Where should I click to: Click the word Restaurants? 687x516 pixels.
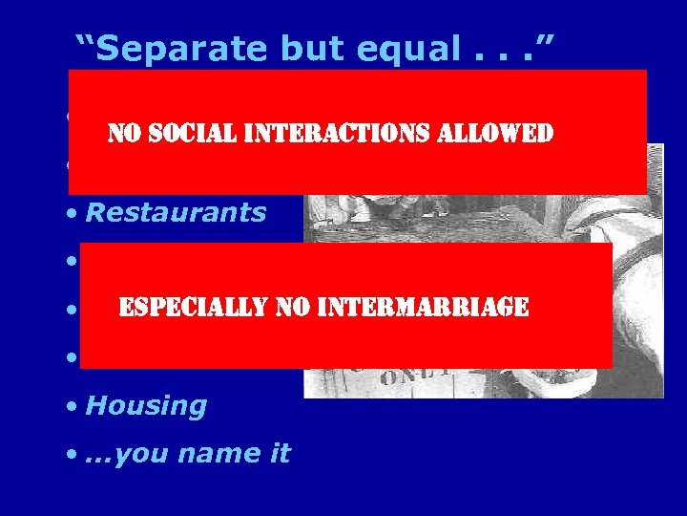pyautogui.click(x=176, y=212)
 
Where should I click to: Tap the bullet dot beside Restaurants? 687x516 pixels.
pyautogui.click(x=73, y=214)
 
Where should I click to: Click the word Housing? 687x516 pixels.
pyautogui.click(x=146, y=406)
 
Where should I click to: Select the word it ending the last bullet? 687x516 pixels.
pyautogui.click(x=277, y=453)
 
